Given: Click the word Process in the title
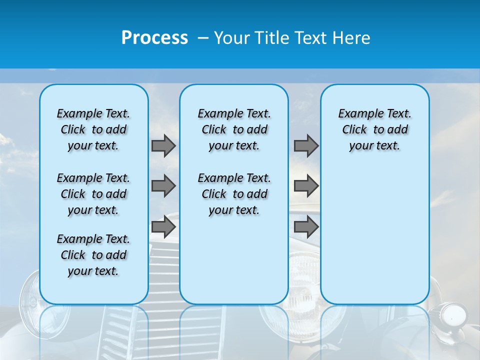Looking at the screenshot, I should pos(154,38).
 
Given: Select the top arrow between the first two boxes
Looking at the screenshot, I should pos(163,145).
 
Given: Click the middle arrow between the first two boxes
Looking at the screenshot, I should pos(163,186).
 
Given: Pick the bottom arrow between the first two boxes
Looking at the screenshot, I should pos(163,226).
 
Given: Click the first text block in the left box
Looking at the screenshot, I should pos(93,129).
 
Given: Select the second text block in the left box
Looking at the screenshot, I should pos(93,194).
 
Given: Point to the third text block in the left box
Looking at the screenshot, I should pos(93,255).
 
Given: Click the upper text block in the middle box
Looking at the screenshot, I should pos(234,129).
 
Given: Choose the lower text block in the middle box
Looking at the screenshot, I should pos(234,194).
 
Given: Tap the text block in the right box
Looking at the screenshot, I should pos(375,129).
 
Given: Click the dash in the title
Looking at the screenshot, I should pos(203,38).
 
